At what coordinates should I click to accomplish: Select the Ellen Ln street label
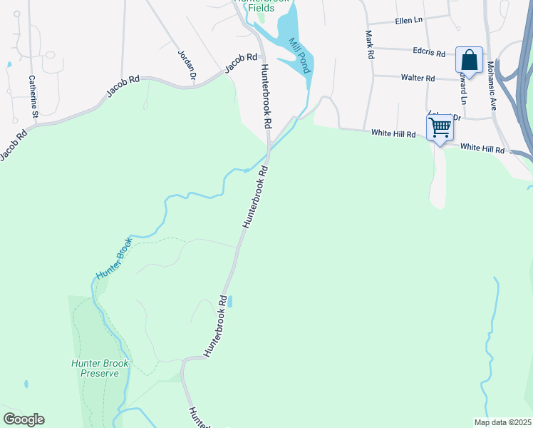(x=408, y=21)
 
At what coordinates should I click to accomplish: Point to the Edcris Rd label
(x=428, y=52)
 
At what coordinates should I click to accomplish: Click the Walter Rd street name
(x=418, y=77)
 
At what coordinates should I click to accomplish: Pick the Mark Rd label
(x=369, y=44)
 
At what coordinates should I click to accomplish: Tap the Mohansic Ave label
(x=491, y=84)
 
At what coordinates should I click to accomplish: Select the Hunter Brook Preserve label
(x=100, y=368)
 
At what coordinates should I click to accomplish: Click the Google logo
(x=24, y=419)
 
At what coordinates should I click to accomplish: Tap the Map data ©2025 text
(x=502, y=422)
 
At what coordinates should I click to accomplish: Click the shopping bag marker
(x=470, y=59)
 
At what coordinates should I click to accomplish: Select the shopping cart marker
(x=440, y=128)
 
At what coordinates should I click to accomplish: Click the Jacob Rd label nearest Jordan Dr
(x=241, y=63)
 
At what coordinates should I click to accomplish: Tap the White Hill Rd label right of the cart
(x=482, y=149)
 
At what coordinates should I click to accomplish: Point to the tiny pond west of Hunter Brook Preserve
(x=26, y=384)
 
